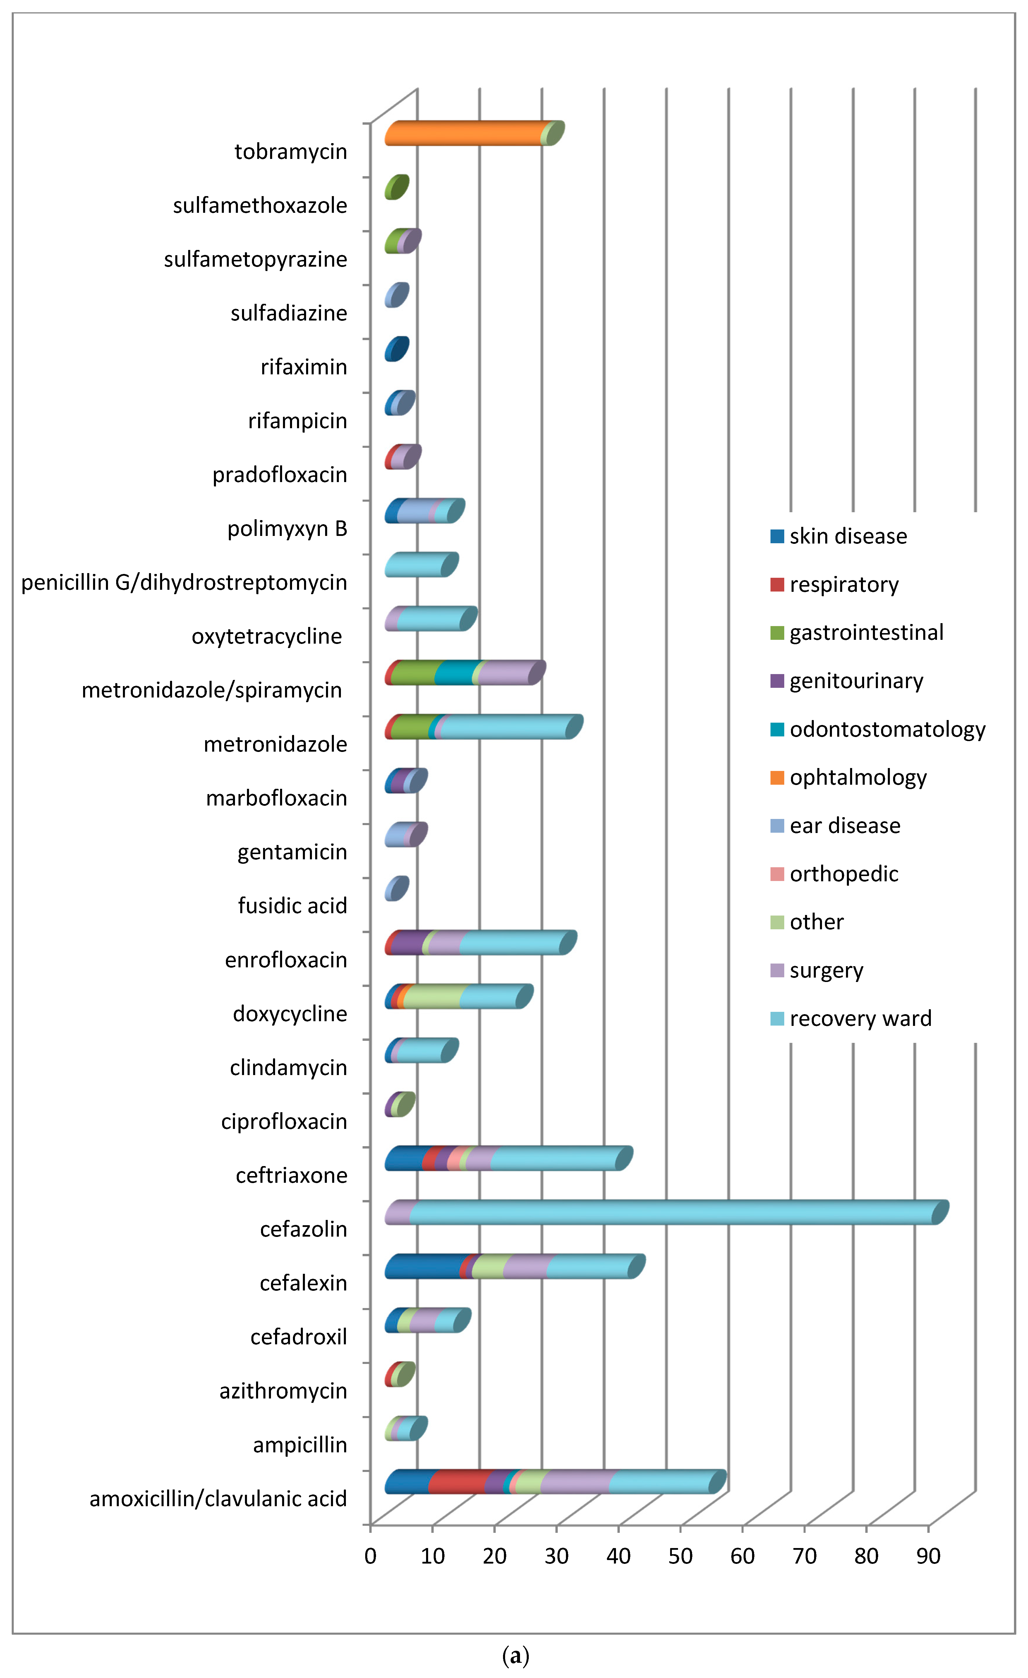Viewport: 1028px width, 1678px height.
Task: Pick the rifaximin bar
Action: pos(396,349)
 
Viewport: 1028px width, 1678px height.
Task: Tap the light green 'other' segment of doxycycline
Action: pos(432,996)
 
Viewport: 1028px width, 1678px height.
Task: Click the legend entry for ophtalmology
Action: pos(858,777)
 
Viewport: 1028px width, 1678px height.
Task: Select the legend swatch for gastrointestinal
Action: pos(777,633)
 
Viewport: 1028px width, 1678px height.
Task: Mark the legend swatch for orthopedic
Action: pos(777,874)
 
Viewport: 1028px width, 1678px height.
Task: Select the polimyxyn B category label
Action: pos(287,529)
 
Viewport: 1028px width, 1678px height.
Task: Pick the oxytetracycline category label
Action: pos(267,636)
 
